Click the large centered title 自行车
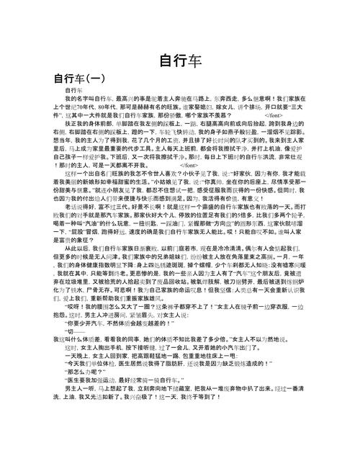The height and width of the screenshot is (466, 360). tap(180, 60)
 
